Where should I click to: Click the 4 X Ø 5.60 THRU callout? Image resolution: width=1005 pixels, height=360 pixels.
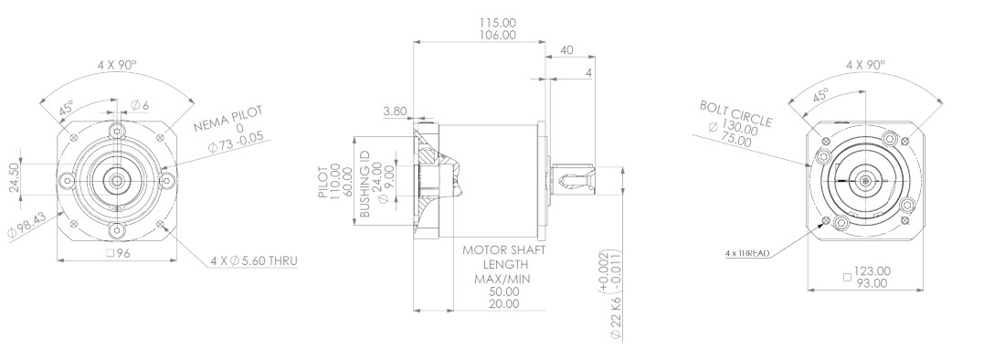pos(253,260)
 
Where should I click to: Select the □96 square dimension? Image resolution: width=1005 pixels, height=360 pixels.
pos(117,253)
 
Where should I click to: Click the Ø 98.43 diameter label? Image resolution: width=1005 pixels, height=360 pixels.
pos(12,220)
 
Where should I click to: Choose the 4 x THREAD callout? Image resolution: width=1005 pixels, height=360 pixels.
pos(747,252)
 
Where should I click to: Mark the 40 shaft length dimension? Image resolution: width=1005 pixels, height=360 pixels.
pos(566,51)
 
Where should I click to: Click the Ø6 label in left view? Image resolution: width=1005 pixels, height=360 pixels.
pos(140,104)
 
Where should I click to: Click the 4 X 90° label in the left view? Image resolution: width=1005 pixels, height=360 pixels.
pos(117,65)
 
